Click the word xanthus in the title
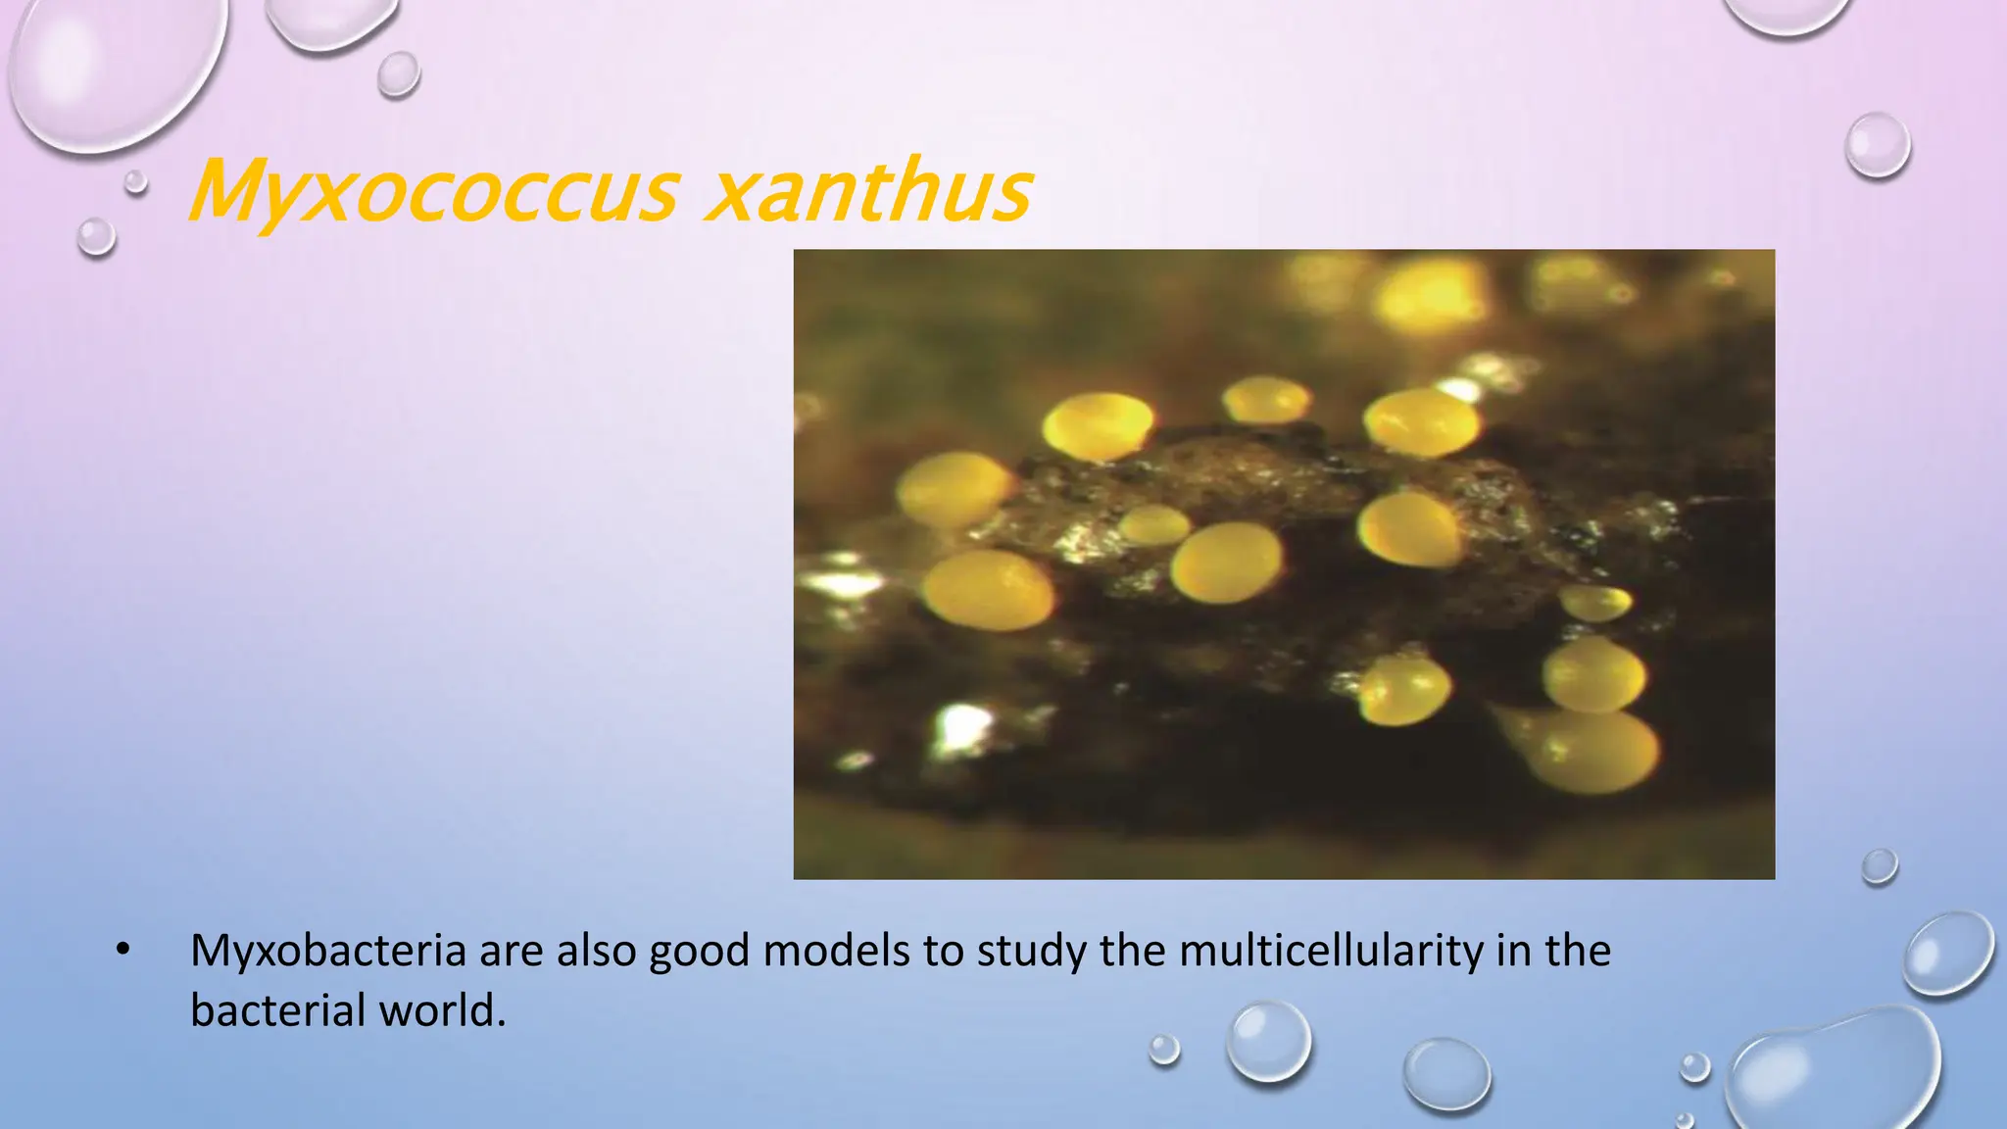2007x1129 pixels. point(868,191)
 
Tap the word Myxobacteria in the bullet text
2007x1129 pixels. point(327,952)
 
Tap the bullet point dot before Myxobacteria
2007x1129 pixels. point(122,950)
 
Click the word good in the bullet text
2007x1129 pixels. point(700,952)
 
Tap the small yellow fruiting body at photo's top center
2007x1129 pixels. point(1266,400)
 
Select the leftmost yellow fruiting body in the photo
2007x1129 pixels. point(951,488)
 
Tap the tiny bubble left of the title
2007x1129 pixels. point(135,181)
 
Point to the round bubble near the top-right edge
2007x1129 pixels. point(1878,145)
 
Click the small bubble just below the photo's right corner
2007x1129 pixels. point(1879,866)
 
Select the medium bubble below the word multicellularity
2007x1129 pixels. point(1268,1041)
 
